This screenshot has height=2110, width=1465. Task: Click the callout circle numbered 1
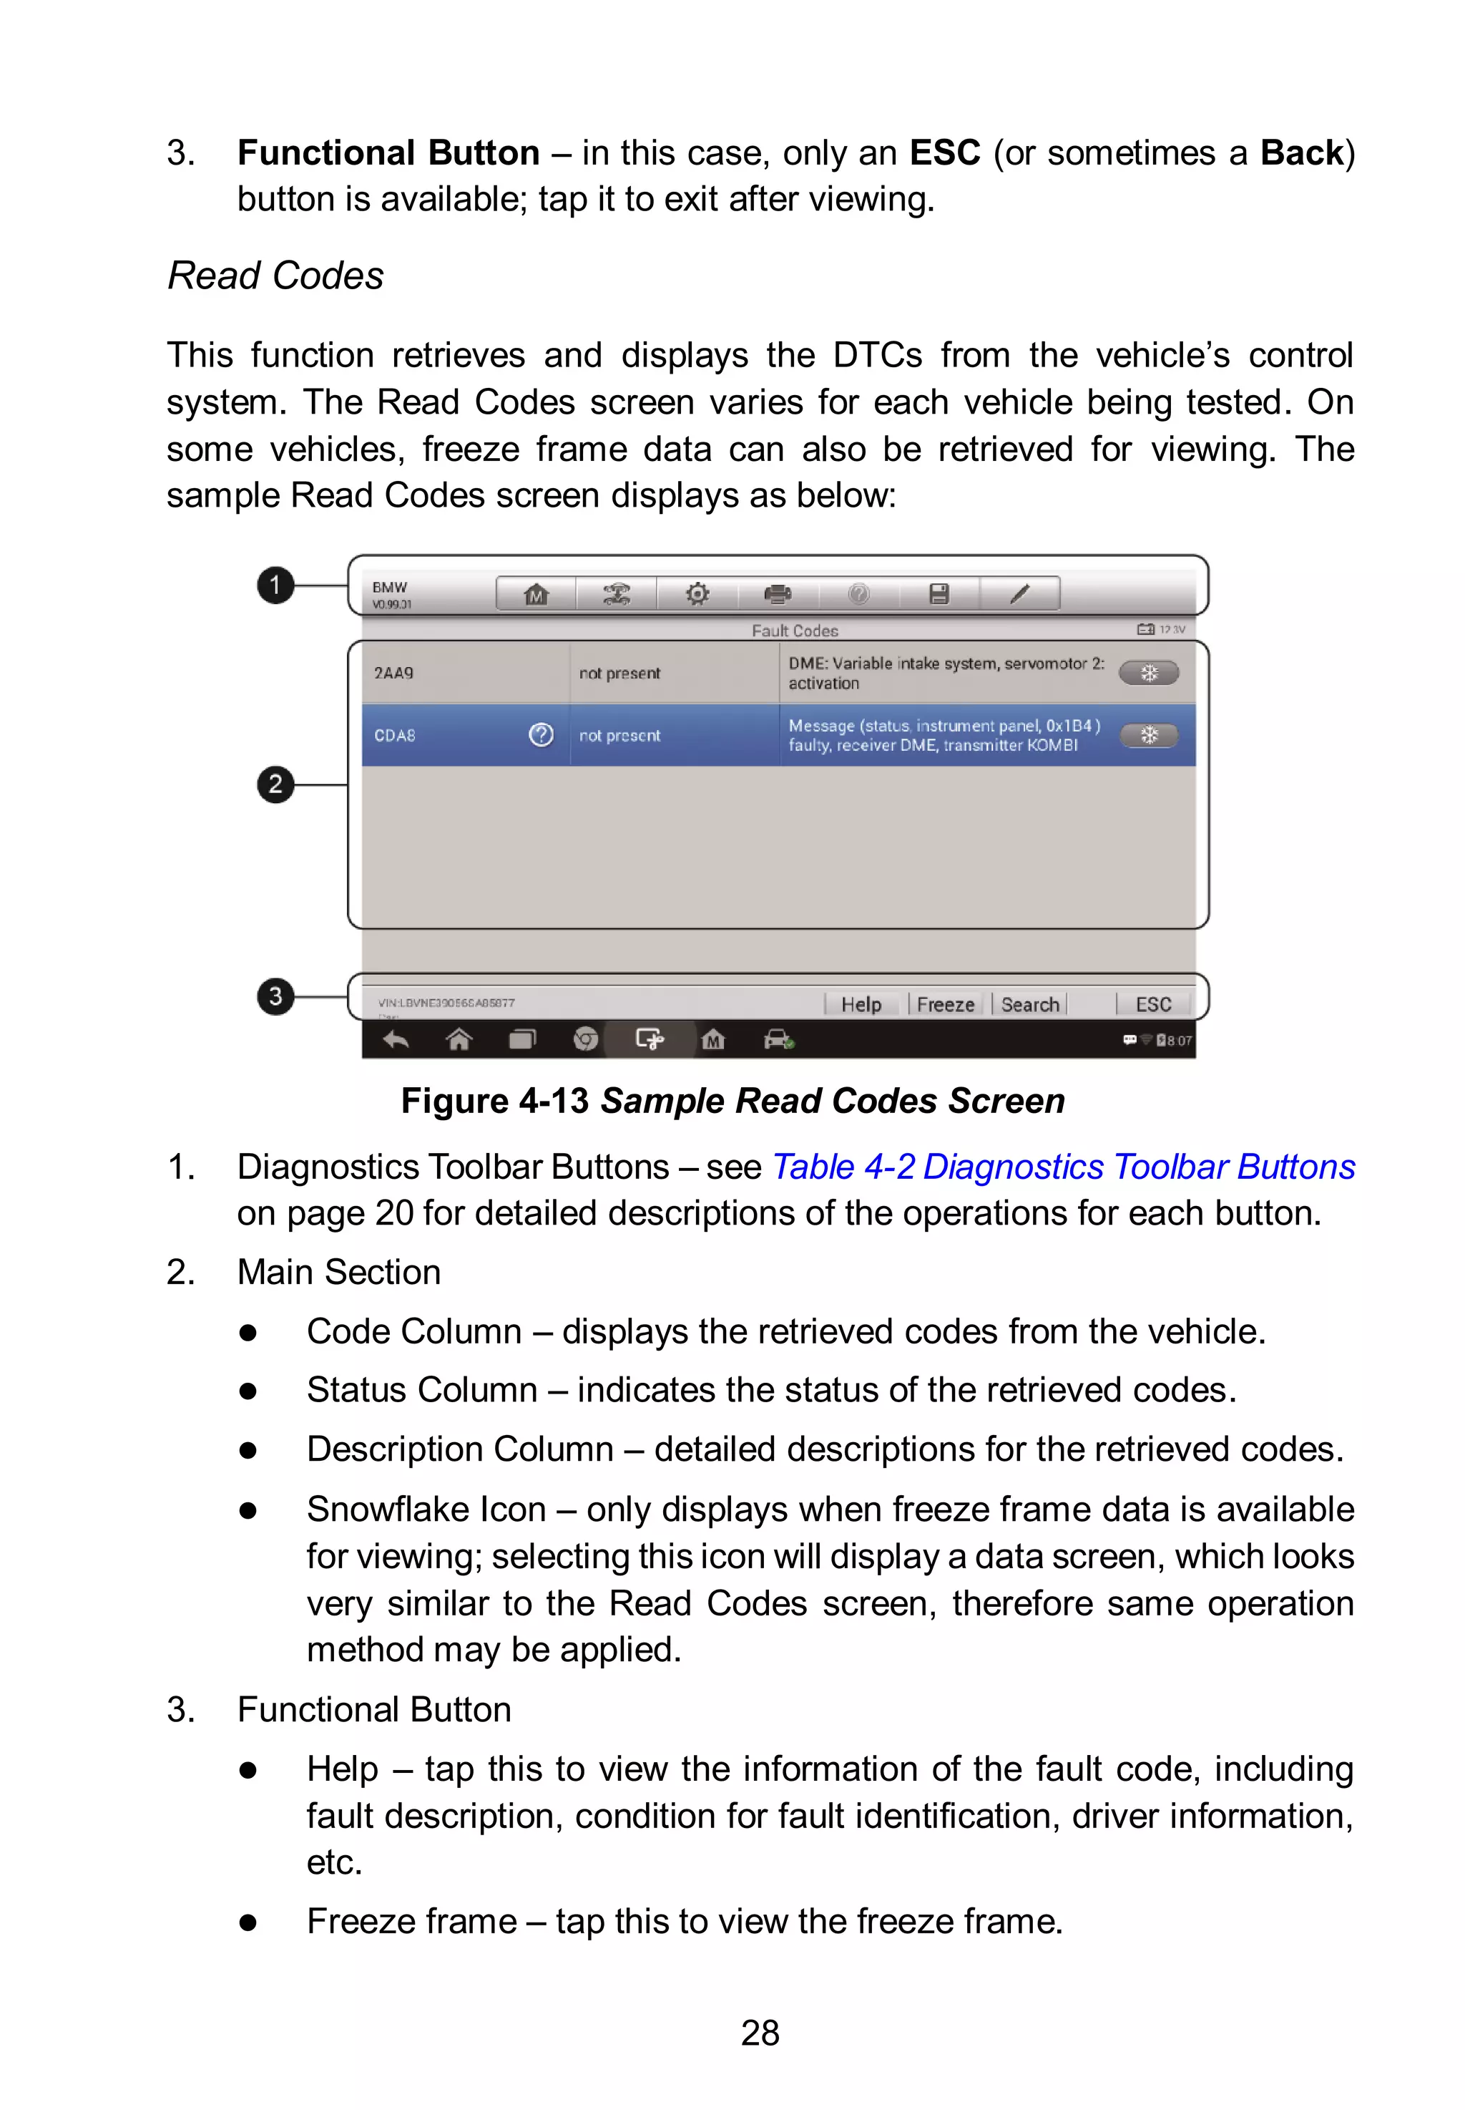coord(275,585)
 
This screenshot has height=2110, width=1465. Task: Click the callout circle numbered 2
coord(275,784)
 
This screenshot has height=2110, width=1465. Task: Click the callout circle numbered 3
coord(275,996)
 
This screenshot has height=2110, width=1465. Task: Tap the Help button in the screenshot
coord(861,1004)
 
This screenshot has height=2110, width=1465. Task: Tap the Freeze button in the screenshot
coord(946,1004)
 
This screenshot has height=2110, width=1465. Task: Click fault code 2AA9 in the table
coord(393,673)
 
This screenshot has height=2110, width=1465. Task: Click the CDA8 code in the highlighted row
coord(395,736)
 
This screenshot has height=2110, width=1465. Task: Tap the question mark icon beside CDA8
coord(542,734)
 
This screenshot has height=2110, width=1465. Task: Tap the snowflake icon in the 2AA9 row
coord(1148,673)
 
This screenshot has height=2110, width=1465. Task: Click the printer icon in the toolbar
coord(778,594)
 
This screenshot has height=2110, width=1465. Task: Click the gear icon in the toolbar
coord(697,594)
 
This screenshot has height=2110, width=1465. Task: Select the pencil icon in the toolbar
coord(1020,594)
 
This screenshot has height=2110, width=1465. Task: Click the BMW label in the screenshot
coord(389,587)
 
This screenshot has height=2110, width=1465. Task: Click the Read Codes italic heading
coord(275,276)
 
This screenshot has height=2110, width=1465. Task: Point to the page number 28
coord(760,2033)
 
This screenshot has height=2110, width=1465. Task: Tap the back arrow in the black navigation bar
coord(396,1039)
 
